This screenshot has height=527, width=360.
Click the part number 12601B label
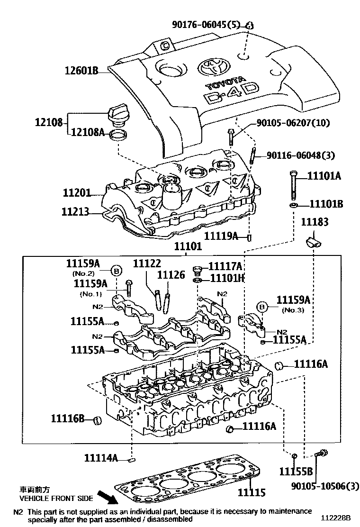click(81, 72)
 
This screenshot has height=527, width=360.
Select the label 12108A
click(88, 133)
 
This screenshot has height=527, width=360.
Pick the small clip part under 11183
click(312, 241)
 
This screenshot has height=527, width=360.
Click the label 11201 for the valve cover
click(76, 193)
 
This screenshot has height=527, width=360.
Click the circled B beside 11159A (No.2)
click(116, 271)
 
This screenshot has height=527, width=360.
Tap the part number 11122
click(147, 264)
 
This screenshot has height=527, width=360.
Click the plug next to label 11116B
click(98, 420)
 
